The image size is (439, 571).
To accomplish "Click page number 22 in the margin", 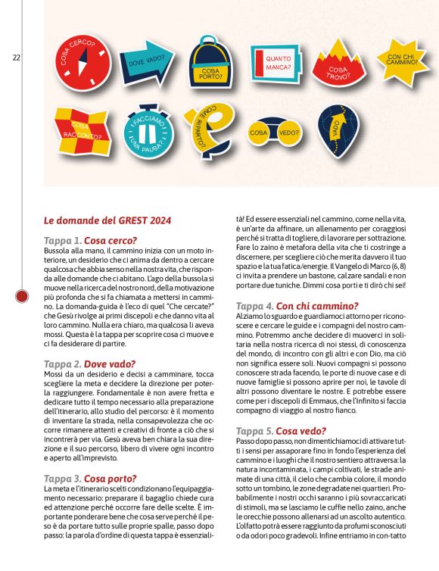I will tap(17, 57).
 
